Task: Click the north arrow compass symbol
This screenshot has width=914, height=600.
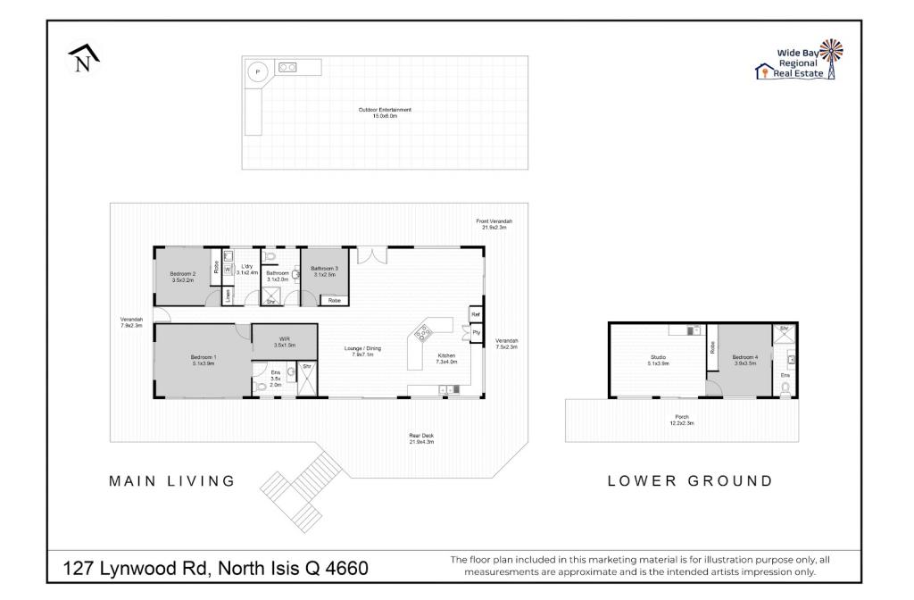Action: (83, 60)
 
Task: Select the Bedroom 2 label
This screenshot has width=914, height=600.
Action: (182, 277)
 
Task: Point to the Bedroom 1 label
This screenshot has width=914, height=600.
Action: (204, 360)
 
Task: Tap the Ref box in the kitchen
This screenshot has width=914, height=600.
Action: (476, 314)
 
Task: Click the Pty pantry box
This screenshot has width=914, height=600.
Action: (476, 332)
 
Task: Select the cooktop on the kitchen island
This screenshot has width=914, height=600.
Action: (420, 335)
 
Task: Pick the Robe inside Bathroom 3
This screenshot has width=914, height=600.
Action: (334, 301)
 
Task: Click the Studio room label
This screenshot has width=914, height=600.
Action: (657, 361)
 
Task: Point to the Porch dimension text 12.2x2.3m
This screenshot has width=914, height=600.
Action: (683, 423)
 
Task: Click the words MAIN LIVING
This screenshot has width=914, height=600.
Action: (171, 481)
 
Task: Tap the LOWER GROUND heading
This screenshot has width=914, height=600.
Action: (690, 481)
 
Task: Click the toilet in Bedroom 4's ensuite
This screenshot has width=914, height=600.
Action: (785, 388)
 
